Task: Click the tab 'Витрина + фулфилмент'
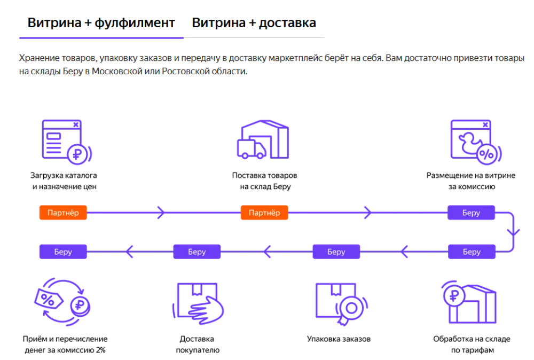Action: coord(101,23)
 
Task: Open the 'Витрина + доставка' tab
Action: coord(254,23)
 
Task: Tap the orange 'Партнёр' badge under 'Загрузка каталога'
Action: coord(63,213)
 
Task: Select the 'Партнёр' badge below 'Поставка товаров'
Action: coord(264,213)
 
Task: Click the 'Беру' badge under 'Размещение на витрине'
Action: coord(471,213)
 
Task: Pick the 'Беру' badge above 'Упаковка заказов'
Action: coord(336,252)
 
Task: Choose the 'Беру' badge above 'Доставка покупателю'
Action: coord(197,252)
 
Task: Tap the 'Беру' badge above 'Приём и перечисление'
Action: coord(63,252)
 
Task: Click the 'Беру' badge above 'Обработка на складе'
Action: coord(471,252)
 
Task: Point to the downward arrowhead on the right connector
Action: coord(514,233)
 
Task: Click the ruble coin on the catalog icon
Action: coord(78,154)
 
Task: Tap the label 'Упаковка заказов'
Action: coord(339,339)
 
